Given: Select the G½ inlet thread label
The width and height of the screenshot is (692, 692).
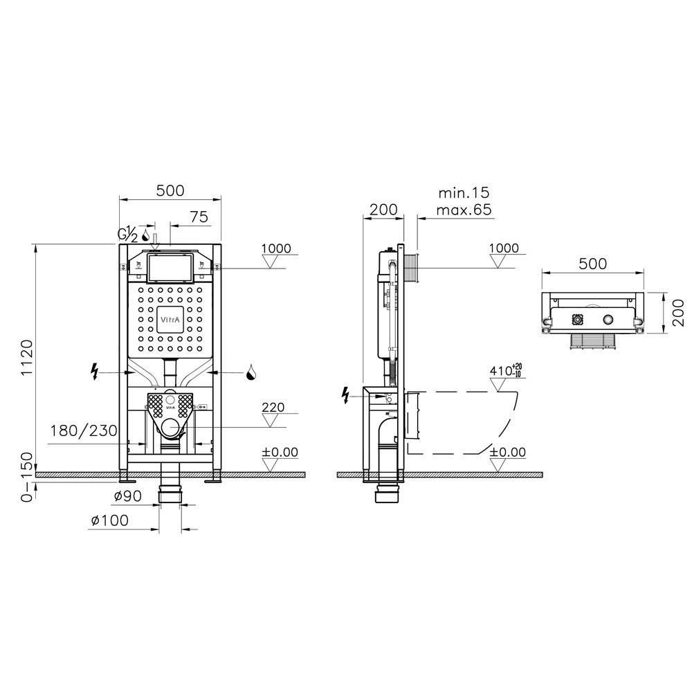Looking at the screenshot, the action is (127, 234).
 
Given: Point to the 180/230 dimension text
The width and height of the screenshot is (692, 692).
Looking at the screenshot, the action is (84, 430).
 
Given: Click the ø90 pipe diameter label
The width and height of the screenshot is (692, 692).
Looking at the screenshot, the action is (127, 496).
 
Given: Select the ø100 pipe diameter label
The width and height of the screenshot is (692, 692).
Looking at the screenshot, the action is (109, 520).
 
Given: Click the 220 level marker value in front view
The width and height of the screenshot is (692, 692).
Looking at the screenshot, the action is (273, 407).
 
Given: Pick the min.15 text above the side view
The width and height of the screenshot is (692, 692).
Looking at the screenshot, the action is (464, 193).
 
